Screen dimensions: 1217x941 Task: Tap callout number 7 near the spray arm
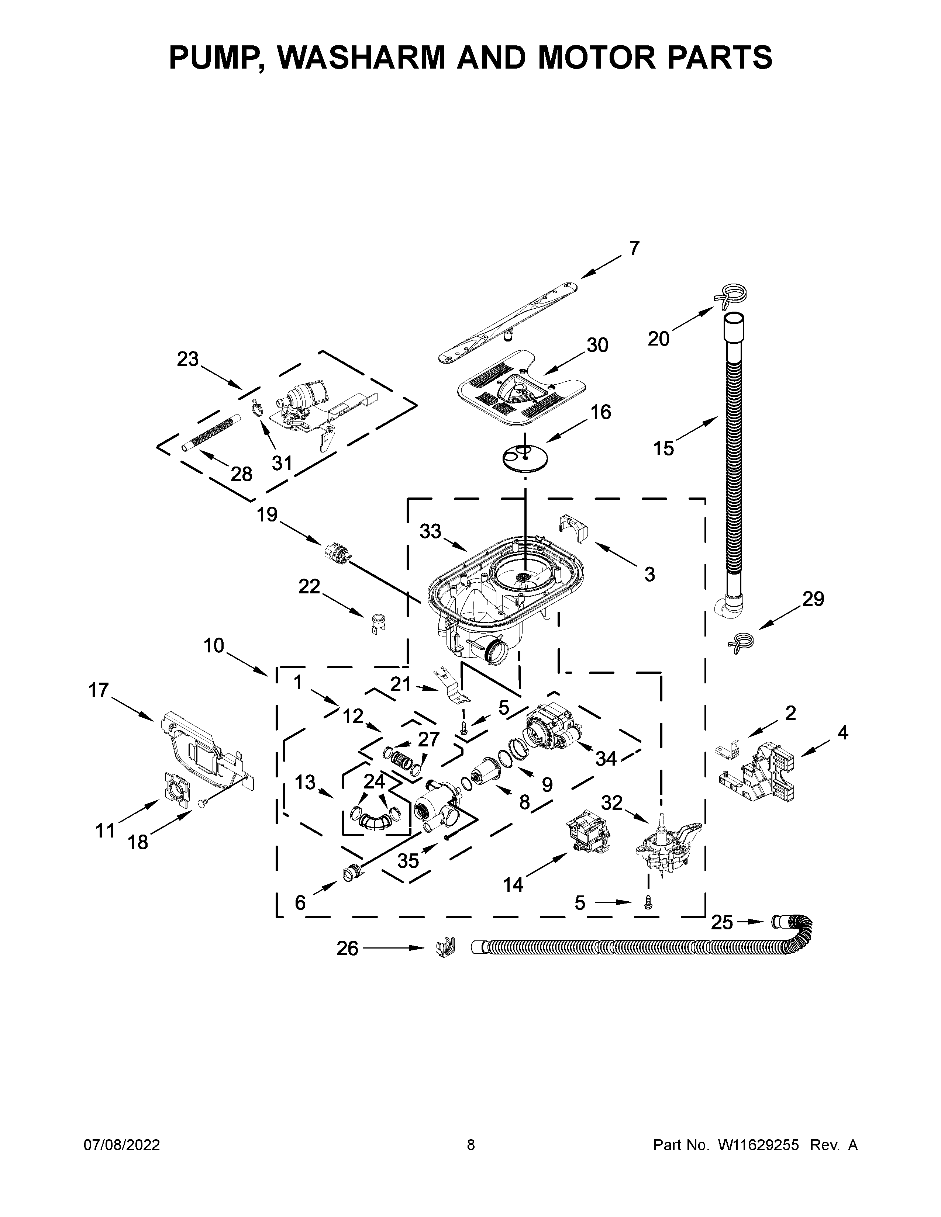[x=634, y=249]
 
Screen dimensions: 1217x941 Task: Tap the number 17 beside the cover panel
[x=99, y=690]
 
